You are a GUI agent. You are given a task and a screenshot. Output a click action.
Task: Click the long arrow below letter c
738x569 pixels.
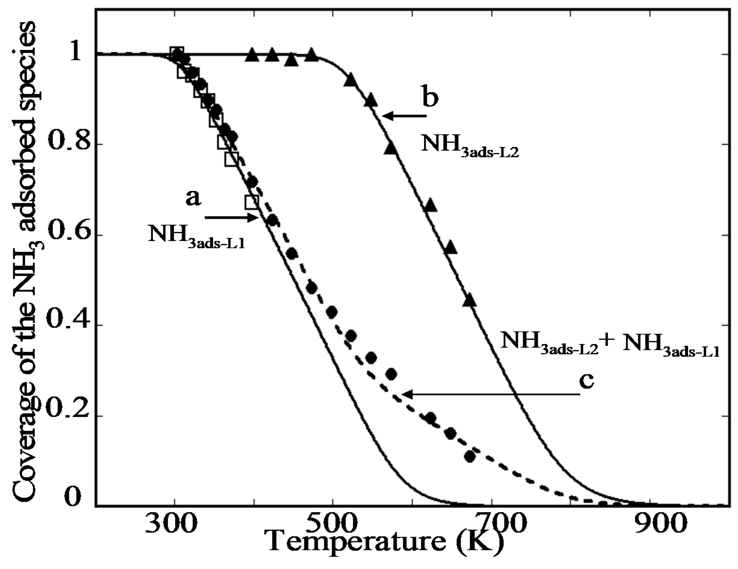point(490,394)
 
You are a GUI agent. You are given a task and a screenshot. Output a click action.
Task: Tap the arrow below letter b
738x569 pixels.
point(404,116)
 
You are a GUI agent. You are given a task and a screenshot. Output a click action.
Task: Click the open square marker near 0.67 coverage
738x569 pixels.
point(252,202)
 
